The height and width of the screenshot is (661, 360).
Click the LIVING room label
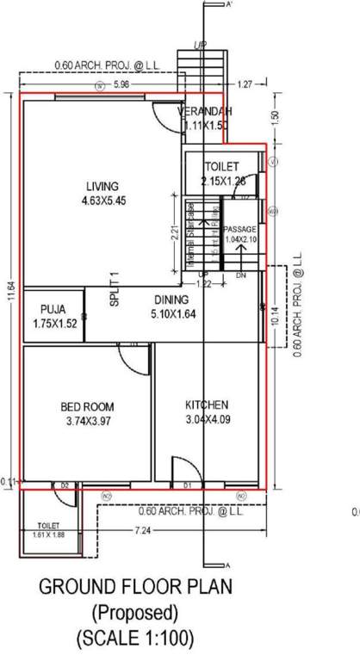click(102, 186)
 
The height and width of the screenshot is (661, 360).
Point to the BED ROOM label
click(87, 406)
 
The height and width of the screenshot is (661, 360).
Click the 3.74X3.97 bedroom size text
click(87, 422)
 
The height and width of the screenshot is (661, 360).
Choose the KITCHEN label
click(207, 405)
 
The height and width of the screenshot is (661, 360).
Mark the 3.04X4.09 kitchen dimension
click(207, 420)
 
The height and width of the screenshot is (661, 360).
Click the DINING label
click(171, 300)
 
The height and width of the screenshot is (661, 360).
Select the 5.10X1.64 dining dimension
click(171, 315)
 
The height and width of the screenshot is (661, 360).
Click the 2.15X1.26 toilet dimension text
click(222, 181)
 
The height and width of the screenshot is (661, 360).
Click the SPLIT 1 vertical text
click(113, 292)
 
